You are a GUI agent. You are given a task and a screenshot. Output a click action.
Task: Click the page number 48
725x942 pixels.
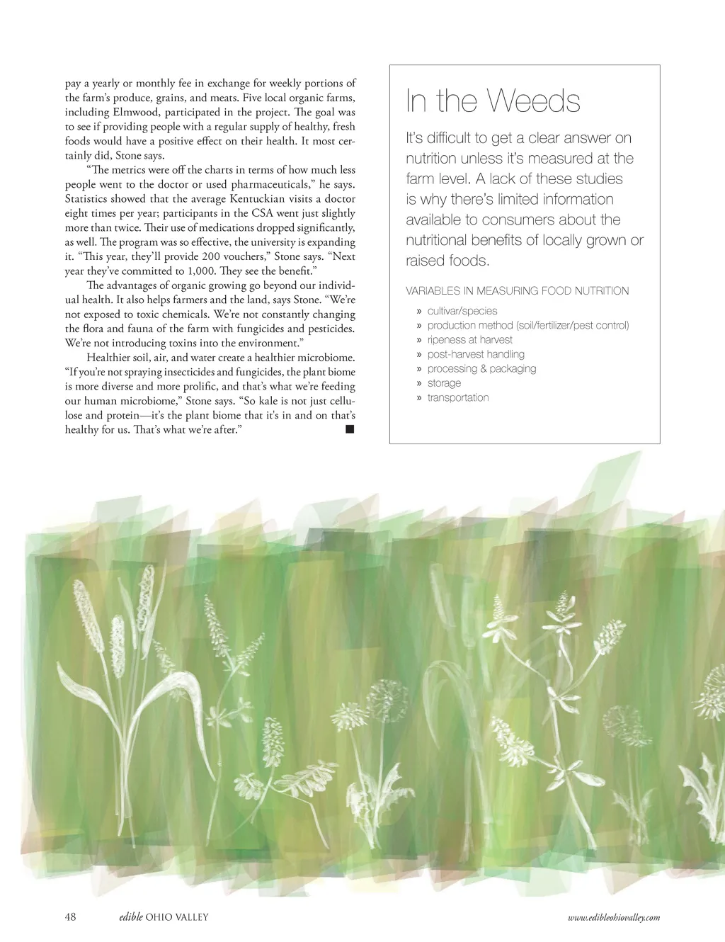[x=70, y=917]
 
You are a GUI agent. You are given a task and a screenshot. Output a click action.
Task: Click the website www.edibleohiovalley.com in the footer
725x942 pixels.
[x=614, y=917]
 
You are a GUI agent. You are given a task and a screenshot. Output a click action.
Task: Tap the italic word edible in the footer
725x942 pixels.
[x=131, y=917]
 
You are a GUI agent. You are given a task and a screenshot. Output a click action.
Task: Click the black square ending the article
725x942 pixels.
[x=349, y=429]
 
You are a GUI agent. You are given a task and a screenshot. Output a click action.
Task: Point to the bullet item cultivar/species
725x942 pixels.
[x=462, y=311]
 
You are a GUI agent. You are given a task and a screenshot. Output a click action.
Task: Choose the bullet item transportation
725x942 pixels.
[x=457, y=397]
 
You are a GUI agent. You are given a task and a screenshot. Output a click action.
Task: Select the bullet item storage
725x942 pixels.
[x=444, y=383]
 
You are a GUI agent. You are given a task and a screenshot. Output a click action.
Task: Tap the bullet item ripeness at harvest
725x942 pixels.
[x=469, y=340]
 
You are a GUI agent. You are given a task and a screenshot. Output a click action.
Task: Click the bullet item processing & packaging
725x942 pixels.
[x=481, y=368]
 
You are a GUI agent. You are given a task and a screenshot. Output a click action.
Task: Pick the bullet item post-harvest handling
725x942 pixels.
[x=476, y=354]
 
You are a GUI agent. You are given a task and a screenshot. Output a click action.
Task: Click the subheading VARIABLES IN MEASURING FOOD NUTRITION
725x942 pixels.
[x=517, y=290]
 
